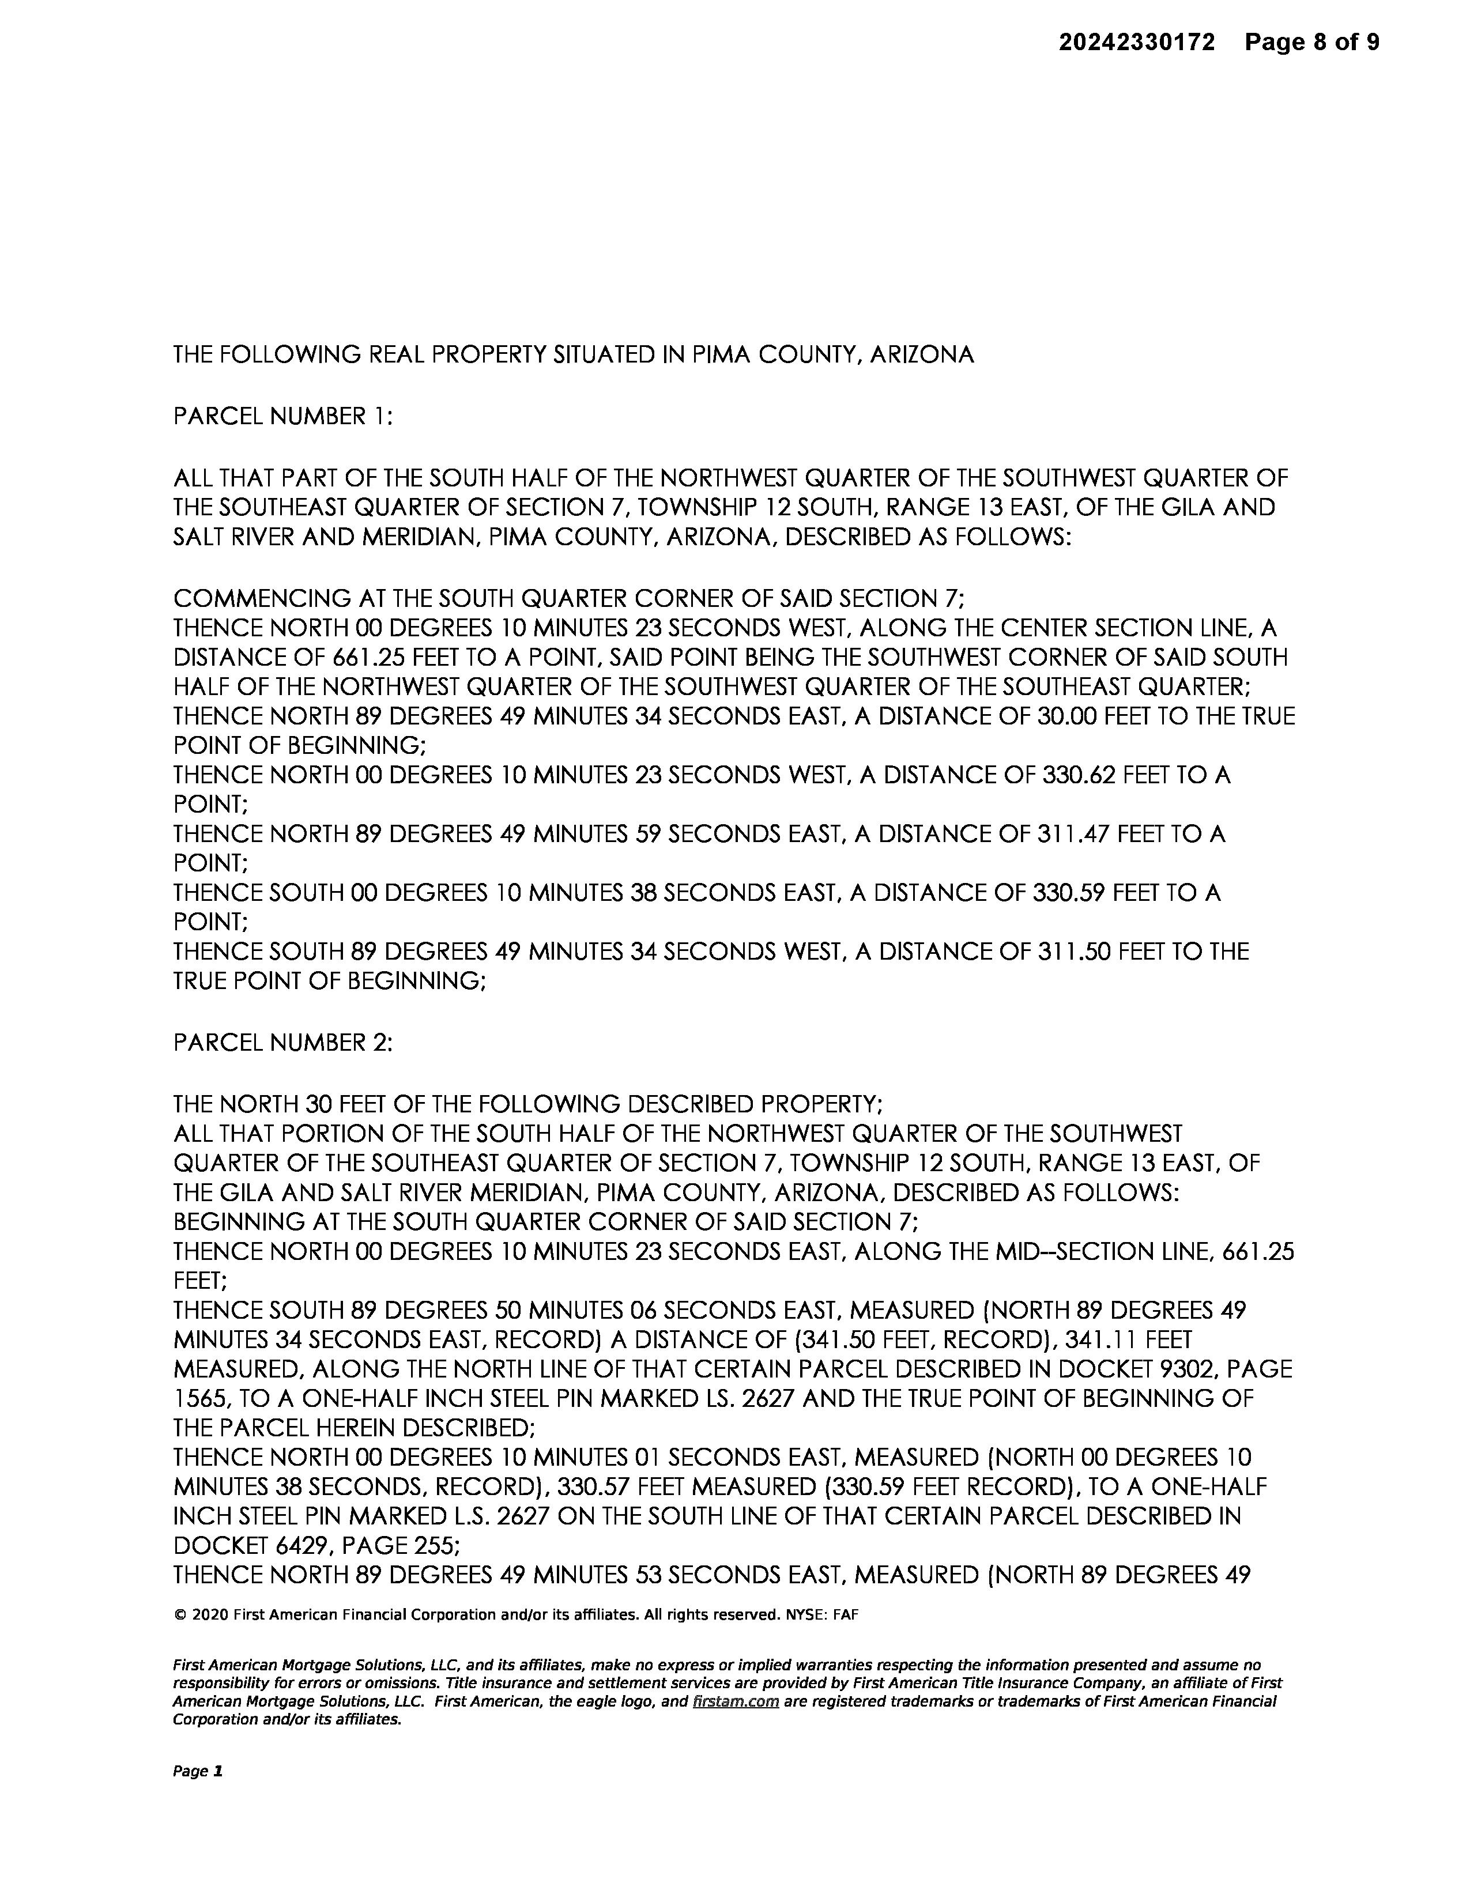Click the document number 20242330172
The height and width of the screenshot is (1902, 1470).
[x=1136, y=42]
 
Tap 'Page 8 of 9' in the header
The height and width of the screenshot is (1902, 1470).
[x=1311, y=42]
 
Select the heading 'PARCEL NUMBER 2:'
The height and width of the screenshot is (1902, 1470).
[x=283, y=1043]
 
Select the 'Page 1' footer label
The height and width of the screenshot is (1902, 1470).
[x=198, y=1771]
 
